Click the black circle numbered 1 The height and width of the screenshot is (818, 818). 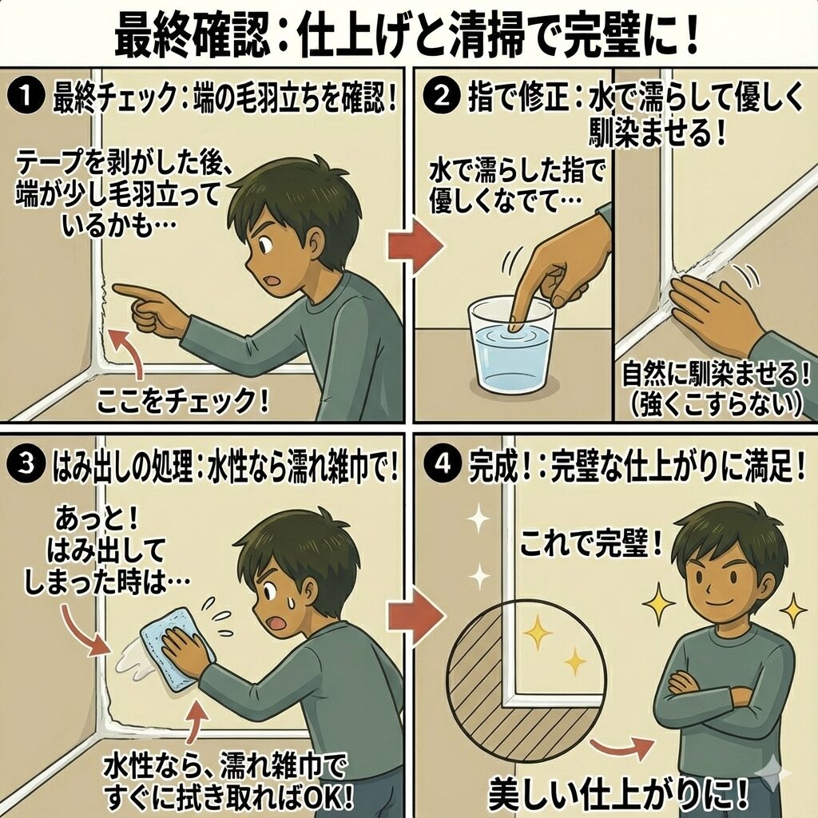coord(25,97)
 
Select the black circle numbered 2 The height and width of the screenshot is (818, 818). coord(442,97)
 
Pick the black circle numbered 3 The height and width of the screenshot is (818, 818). coord(25,465)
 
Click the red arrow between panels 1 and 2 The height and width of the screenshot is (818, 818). coord(415,244)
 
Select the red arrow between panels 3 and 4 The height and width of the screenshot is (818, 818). coord(415,617)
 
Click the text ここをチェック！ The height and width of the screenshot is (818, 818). coord(183,402)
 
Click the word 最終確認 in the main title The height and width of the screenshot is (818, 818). coord(192,38)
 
